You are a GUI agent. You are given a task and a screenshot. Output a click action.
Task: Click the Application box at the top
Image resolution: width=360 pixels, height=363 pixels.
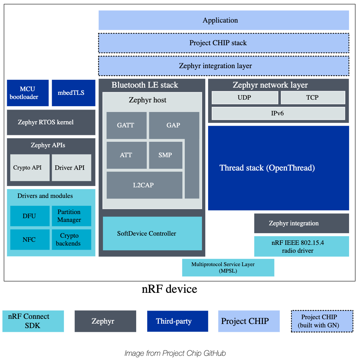223,20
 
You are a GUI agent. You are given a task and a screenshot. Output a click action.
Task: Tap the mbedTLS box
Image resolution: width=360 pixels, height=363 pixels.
73,93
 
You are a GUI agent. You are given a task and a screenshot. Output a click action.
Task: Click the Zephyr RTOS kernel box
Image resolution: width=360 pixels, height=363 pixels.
51,122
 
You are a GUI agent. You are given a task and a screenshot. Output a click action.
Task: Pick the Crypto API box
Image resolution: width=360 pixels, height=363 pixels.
30,167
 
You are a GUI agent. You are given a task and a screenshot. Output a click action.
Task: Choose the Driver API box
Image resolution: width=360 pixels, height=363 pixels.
72,167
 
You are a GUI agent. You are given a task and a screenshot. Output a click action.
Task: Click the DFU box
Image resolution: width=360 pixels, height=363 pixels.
29,216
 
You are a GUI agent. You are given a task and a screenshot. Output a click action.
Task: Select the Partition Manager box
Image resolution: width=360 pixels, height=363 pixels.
72,216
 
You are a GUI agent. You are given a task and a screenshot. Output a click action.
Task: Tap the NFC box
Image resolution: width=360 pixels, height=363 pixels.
29,239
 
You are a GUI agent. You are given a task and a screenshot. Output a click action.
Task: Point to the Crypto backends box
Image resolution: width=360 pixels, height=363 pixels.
72,239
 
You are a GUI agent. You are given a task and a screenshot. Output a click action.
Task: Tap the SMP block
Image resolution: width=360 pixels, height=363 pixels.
166,155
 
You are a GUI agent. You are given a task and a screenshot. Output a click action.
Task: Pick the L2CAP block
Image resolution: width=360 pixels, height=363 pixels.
144,185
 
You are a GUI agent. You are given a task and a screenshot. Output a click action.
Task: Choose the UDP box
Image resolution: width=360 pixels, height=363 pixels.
245,98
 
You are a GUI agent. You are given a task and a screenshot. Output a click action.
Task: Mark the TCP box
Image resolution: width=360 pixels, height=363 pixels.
313,98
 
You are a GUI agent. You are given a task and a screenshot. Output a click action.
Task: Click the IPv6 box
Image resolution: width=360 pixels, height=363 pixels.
278,113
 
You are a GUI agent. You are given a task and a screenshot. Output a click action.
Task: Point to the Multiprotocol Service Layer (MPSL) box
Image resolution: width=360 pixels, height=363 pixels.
228,267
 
